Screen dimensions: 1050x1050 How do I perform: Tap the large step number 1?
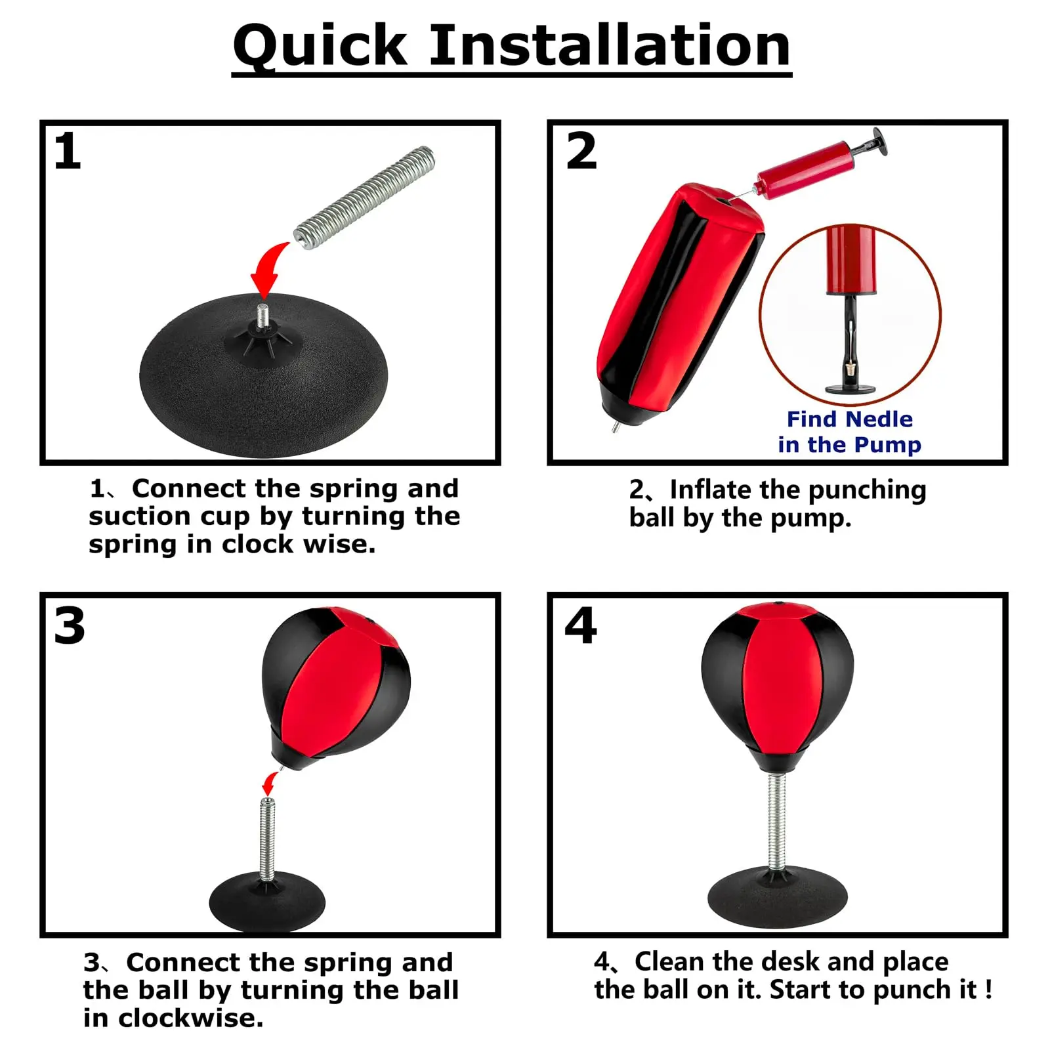coord(68,152)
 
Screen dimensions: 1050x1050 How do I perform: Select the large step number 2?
coord(581,151)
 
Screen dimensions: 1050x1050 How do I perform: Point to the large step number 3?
coord(70,625)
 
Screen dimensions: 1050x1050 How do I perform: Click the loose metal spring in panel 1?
coord(364,198)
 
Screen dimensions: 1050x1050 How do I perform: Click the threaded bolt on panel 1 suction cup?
coord(263,316)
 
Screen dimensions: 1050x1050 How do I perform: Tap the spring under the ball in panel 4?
coord(778,822)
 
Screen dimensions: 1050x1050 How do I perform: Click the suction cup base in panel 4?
coord(778,896)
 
